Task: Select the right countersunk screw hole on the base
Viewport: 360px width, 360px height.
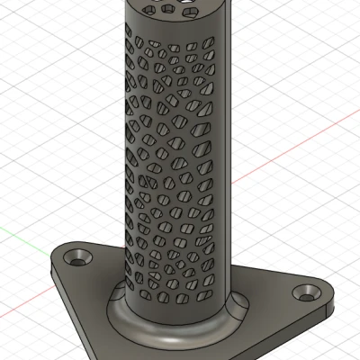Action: coord(309,292)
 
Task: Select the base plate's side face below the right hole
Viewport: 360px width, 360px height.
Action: coord(306,315)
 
